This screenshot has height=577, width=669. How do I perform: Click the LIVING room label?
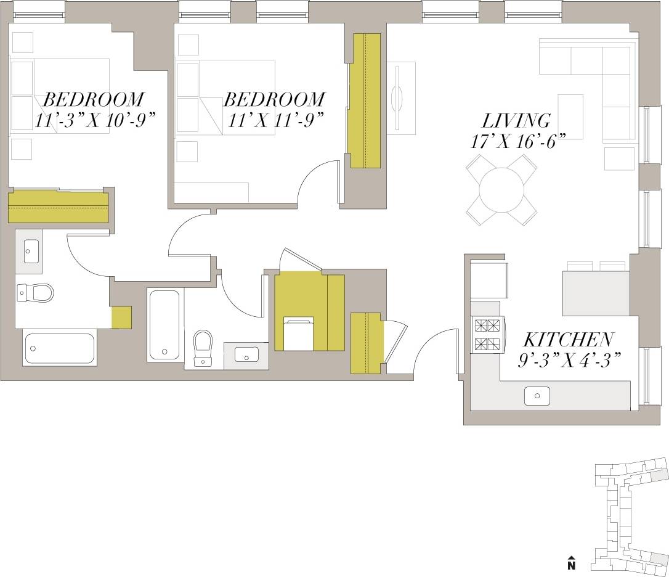click(516, 120)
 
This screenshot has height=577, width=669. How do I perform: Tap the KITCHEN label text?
click(568, 340)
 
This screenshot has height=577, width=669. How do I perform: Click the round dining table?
click(501, 189)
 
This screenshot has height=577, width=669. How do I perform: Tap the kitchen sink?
click(537, 396)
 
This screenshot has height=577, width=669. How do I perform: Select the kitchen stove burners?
click(487, 335)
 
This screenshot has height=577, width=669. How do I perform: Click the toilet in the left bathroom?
click(35, 292)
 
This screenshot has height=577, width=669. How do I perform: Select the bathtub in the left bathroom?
click(59, 349)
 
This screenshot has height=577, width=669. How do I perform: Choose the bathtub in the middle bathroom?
click(164, 324)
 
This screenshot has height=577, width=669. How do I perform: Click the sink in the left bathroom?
click(29, 252)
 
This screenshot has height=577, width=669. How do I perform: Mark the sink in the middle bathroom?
click(246, 356)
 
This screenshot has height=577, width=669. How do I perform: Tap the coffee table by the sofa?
click(570, 117)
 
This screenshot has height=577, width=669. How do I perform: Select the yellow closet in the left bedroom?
click(58, 207)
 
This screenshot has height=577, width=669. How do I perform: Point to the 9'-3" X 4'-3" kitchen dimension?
click(568, 359)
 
